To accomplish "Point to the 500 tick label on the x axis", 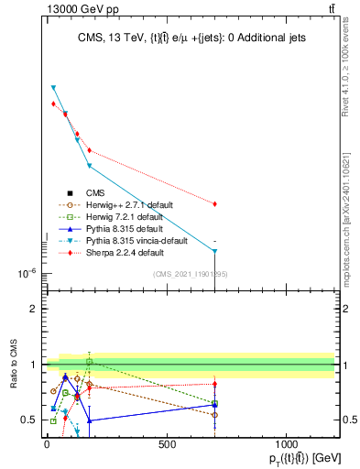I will point(167,445).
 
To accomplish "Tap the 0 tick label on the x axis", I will point(47,445).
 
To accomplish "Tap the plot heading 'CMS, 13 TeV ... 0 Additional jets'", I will point(191,38).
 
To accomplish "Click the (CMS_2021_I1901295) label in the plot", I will point(191,274).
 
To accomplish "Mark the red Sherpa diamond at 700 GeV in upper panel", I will point(214,204).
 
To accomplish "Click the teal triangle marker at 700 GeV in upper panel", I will point(214,250).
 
